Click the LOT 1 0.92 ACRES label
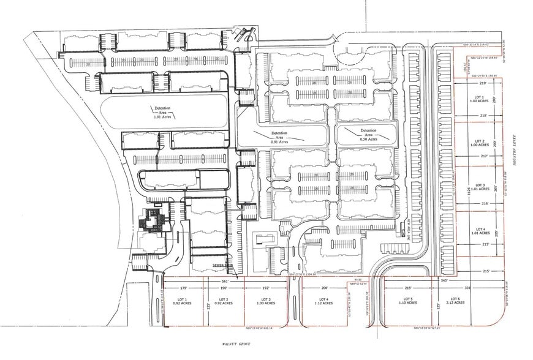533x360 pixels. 183,301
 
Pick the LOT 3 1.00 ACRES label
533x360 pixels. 265,301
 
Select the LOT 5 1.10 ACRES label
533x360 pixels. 407,301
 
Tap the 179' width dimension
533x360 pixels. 183,287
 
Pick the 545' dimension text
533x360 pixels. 444,281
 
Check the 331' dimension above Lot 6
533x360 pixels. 467,287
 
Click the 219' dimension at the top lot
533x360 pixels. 482,83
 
